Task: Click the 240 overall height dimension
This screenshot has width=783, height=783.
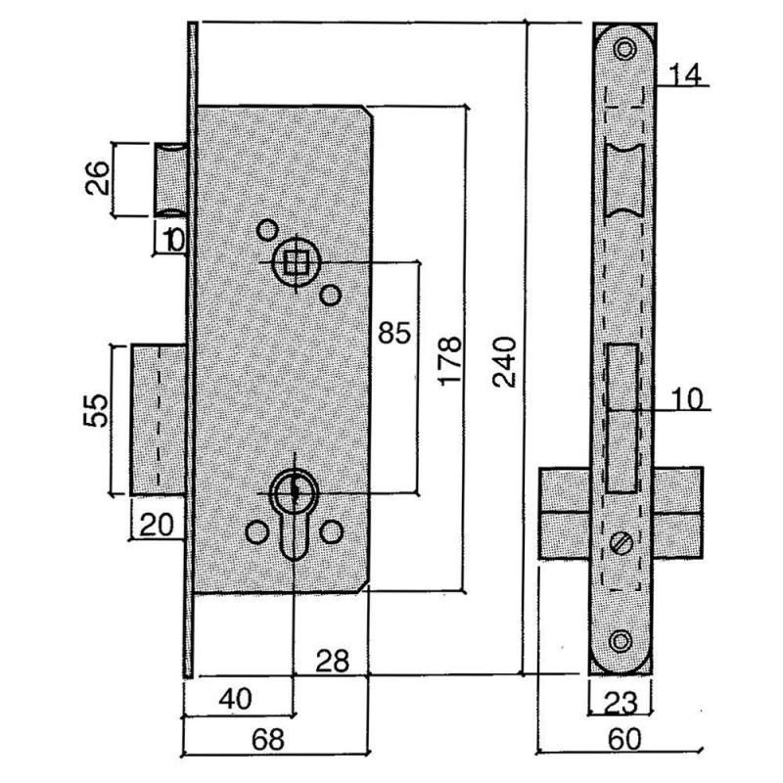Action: click(504, 362)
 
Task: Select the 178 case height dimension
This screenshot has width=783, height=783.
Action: click(450, 360)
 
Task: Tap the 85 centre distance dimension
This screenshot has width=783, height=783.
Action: click(394, 333)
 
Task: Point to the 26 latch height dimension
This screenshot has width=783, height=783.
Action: click(97, 178)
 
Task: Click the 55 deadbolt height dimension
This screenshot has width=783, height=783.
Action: click(96, 410)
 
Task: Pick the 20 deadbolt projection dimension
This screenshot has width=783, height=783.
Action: click(157, 525)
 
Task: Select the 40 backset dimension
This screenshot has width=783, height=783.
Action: click(235, 699)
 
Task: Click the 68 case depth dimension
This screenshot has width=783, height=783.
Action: click(268, 739)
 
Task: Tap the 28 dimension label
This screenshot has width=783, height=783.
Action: click(332, 662)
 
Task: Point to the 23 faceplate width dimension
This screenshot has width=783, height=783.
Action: click(621, 703)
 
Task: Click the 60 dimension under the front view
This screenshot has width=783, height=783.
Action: click(624, 739)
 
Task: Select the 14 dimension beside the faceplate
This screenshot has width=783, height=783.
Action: click(684, 75)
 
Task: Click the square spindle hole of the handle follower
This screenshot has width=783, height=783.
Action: click(296, 261)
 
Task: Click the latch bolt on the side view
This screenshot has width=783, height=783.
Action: click(170, 180)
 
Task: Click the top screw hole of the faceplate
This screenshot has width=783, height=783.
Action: click(624, 50)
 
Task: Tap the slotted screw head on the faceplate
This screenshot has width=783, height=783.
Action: click(622, 543)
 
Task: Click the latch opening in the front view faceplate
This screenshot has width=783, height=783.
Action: click(624, 180)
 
